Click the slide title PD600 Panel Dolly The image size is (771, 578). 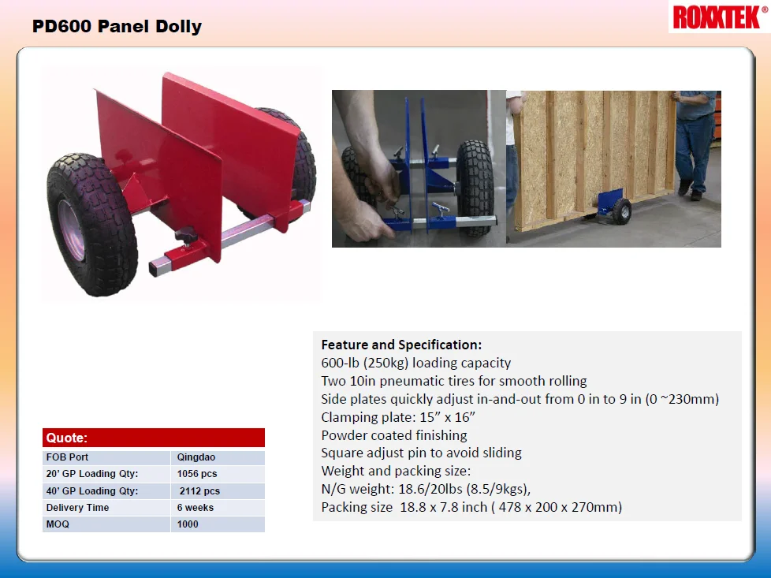117,26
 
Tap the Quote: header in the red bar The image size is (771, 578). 67,438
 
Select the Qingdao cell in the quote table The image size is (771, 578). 196,457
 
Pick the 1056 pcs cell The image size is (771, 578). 197,474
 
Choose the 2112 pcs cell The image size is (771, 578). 199,490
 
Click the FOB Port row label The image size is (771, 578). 68,457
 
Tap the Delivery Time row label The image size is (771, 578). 77,508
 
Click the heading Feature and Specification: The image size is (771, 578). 401,345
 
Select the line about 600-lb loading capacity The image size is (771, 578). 416,363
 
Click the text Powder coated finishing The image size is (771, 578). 394,435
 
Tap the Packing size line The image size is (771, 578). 471,507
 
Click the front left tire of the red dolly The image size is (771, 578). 80,223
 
